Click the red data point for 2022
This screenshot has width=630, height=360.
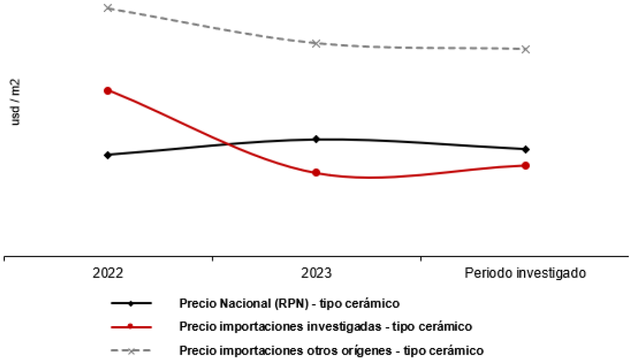click(x=108, y=91)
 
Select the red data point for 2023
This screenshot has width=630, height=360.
click(x=316, y=173)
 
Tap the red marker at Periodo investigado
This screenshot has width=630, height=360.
click(x=526, y=165)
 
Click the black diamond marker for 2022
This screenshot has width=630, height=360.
click(x=108, y=155)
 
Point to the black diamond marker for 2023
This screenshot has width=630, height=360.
click(x=316, y=139)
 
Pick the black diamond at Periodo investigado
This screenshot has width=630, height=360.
click(x=526, y=150)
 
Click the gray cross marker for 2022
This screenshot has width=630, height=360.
click(x=108, y=8)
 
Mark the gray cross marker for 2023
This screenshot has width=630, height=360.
click(x=316, y=43)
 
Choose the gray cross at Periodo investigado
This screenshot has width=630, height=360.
click(x=526, y=50)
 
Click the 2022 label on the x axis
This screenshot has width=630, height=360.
click(x=108, y=273)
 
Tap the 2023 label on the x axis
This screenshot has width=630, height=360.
click(x=316, y=273)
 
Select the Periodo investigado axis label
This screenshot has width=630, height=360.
click(x=525, y=273)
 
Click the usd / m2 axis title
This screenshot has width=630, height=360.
click(x=15, y=102)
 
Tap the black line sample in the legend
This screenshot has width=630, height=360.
click(x=131, y=304)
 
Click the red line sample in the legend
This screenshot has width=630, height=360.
click(x=131, y=327)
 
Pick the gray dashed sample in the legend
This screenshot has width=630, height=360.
click(x=131, y=351)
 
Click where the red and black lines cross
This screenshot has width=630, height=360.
click(x=228, y=144)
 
